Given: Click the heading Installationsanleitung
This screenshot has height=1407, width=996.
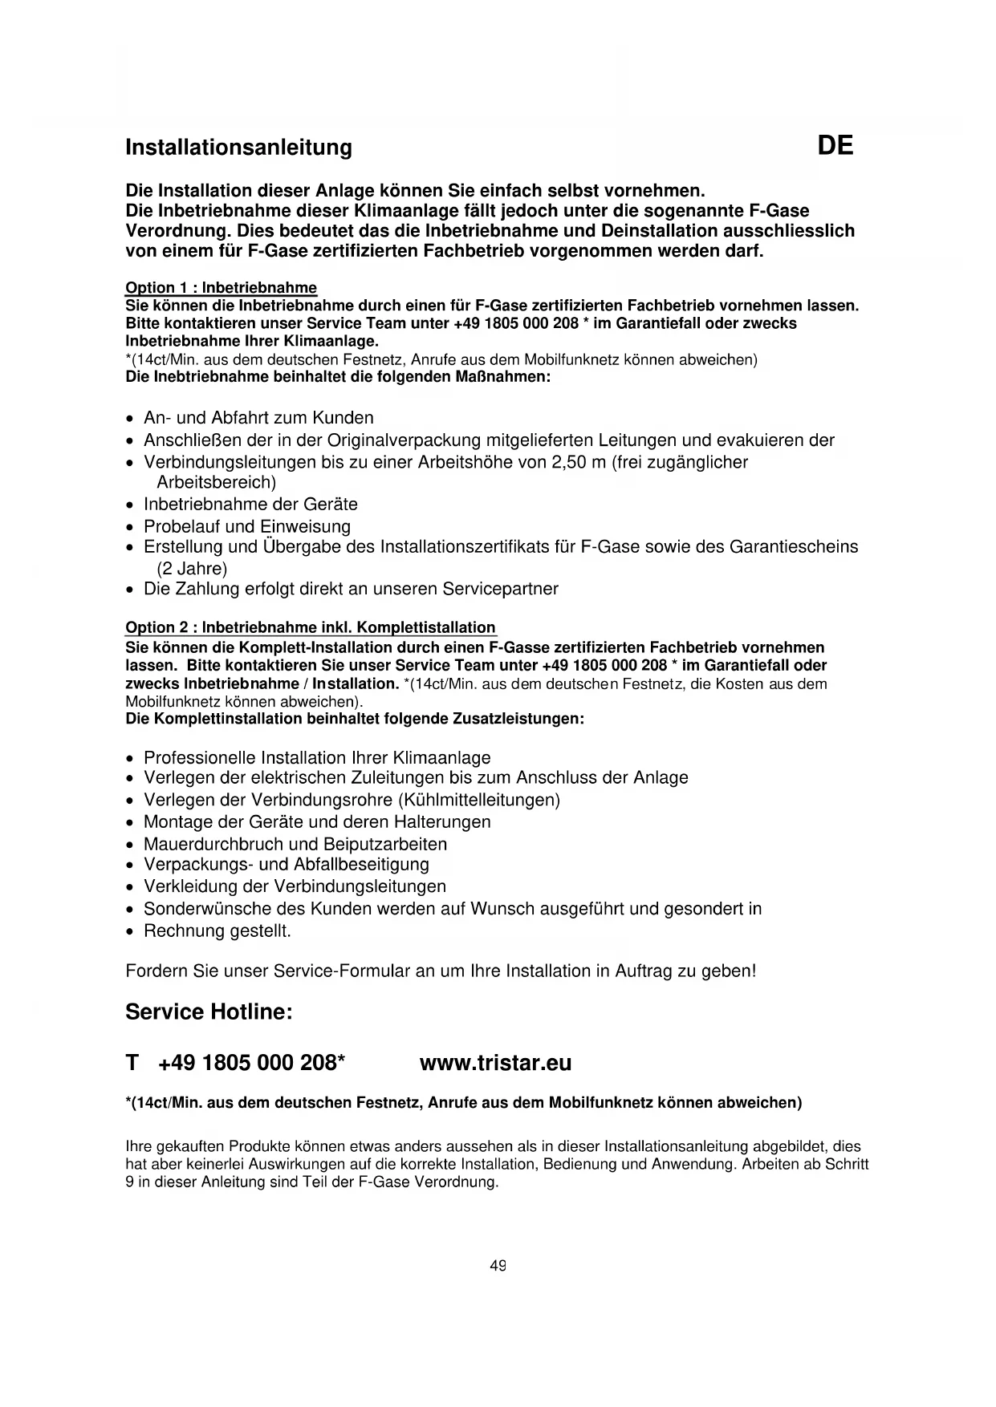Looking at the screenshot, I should click(238, 148).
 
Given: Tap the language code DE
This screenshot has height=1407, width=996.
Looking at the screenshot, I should click(835, 146).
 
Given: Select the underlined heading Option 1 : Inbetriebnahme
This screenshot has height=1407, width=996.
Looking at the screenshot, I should click(221, 288).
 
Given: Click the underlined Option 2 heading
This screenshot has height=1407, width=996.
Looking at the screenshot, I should click(311, 627).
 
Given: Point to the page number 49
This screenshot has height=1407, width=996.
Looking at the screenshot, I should click(498, 1266).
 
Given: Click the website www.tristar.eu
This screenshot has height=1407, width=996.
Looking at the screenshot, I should click(495, 1063).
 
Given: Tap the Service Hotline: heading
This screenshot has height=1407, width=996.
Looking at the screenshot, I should click(209, 1012).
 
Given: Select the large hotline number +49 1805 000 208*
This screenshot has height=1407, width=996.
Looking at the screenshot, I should click(252, 1063).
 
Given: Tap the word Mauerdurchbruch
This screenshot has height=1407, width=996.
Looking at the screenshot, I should click(208, 844).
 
